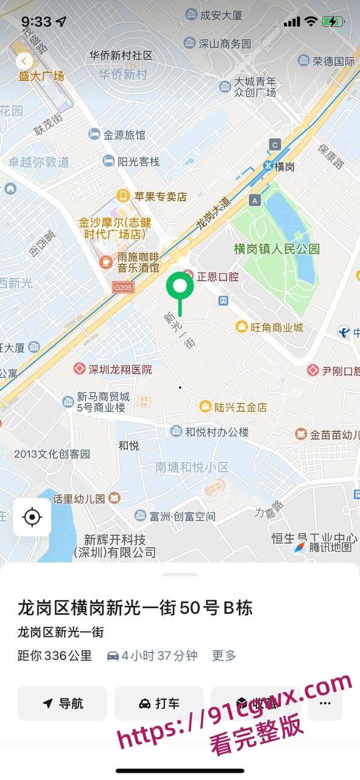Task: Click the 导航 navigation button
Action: (x=62, y=703)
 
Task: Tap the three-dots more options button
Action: (x=325, y=703)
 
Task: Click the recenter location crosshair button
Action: (x=32, y=517)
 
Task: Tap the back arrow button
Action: (x=24, y=61)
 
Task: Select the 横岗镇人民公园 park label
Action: (x=277, y=249)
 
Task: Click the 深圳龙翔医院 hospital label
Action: (x=113, y=369)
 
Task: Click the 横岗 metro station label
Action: (x=283, y=166)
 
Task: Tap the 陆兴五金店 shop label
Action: (x=233, y=406)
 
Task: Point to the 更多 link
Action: (x=224, y=656)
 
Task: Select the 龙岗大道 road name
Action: (x=214, y=212)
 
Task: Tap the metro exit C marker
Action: (x=275, y=144)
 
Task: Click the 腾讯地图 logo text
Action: (x=330, y=547)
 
